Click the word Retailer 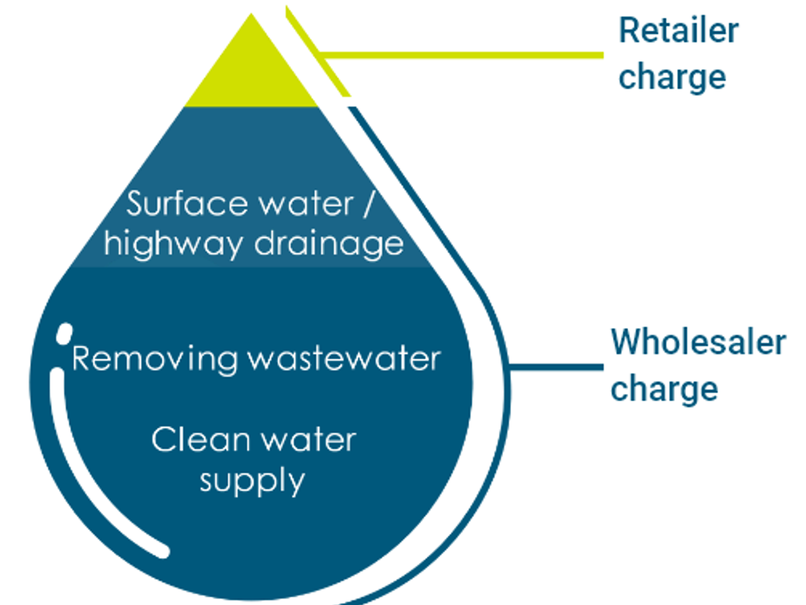coord(678,31)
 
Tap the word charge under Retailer coord(672,78)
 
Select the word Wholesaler coord(698,342)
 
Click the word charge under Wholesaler coord(664,389)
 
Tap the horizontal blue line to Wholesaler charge coord(557,367)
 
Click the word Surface coord(186,204)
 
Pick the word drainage coord(328,245)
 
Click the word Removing coord(154,359)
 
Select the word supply coord(252,481)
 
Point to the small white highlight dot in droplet coord(64,334)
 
